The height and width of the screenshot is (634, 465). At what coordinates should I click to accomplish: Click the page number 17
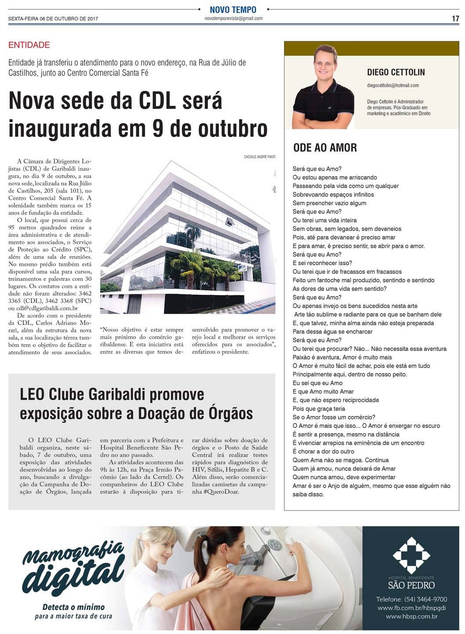[455, 18]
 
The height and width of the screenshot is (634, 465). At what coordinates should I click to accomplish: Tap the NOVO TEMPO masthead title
[233, 10]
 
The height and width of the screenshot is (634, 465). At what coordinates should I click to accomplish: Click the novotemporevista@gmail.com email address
[233, 18]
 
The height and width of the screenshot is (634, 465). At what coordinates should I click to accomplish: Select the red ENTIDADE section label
[29, 45]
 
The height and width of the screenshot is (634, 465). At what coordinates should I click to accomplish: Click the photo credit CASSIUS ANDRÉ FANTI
[259, 157]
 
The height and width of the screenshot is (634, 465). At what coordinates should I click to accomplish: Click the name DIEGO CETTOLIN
[396, 72]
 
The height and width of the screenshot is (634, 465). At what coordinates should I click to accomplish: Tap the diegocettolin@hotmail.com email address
[392, 85]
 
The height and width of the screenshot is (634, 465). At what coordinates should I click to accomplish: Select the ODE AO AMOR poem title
[325, 148]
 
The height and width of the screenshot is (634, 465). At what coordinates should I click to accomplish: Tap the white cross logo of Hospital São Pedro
[411, 555]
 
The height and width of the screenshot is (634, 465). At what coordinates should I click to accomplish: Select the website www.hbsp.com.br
[411, 616]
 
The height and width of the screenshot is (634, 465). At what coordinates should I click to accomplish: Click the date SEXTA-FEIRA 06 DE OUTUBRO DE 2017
[53, 19]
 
